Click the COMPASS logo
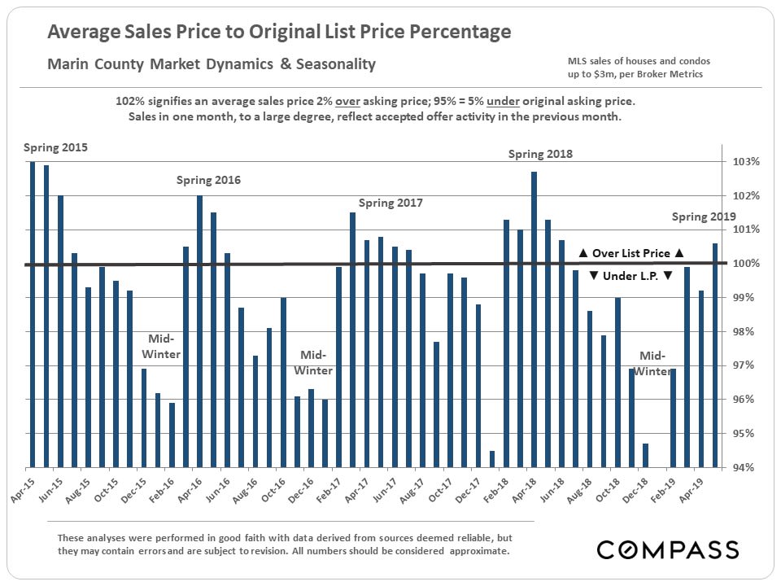[667, 549]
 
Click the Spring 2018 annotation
[541, 154]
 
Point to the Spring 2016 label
[208, 180]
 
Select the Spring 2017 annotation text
[390, 203]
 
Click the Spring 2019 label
[704, 216]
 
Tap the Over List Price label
[630, 253]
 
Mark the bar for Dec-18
[644, 455]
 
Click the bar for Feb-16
[172, 435]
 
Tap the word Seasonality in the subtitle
[335, 63]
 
